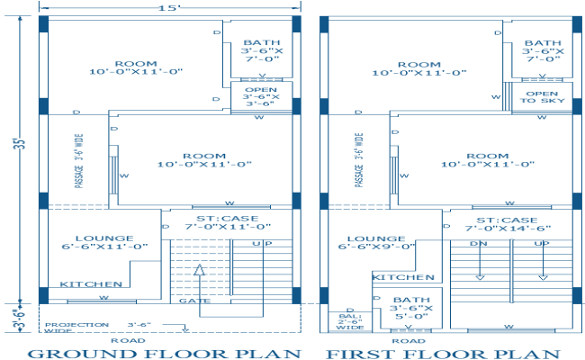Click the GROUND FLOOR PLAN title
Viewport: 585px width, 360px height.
(164, 353)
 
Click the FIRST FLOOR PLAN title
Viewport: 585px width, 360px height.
(442, 353)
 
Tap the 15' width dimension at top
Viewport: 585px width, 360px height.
(168, 7)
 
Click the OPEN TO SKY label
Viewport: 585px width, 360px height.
(541, 98)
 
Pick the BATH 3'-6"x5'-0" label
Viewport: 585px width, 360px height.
(410, 308)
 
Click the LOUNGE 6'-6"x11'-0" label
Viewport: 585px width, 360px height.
(104, 241)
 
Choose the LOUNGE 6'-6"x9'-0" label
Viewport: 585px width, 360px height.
(376, 240)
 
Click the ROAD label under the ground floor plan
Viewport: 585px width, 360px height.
(121, 340)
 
